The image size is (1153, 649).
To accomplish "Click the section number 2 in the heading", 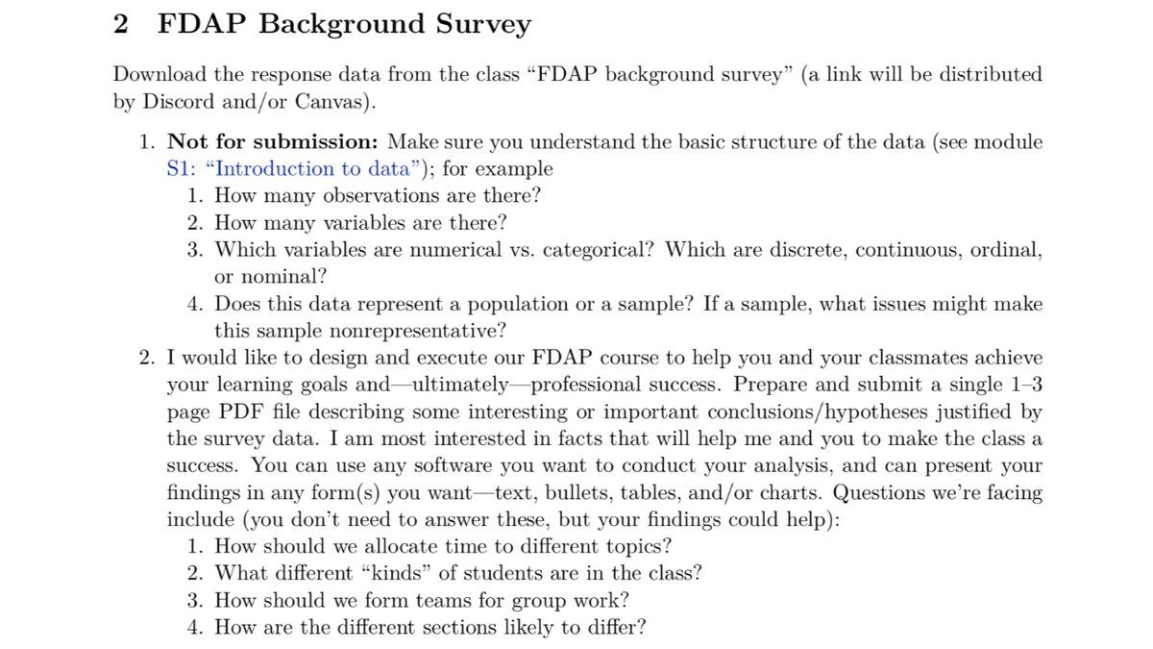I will coord(120,24).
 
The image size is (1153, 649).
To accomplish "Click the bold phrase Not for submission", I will coord(273,142).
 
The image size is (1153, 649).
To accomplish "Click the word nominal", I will coord(279,277).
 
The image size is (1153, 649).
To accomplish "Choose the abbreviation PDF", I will coord(241,412).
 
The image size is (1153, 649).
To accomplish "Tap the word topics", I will coord(638,547).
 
